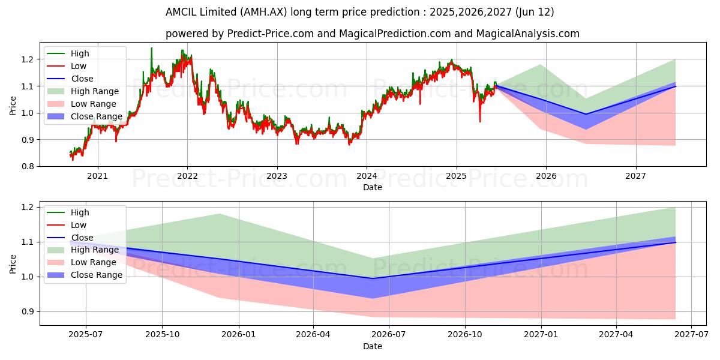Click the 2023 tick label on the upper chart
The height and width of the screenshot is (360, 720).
277,176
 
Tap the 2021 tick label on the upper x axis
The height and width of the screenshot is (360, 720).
97,176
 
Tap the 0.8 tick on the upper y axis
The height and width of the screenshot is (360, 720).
28,166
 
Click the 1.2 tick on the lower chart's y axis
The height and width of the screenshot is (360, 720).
28,208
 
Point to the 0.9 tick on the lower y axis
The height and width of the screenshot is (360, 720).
28,312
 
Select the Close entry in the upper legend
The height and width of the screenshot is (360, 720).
82,79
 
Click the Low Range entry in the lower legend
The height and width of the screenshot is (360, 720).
93,262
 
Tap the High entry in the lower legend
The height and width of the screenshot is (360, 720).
80,212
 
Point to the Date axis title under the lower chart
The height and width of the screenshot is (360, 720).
372,347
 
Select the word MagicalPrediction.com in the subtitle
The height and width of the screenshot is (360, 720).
386,34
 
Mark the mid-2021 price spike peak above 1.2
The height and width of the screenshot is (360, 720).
151,48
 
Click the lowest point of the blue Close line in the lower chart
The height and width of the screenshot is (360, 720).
373,278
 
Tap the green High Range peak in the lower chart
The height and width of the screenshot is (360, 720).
219,214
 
